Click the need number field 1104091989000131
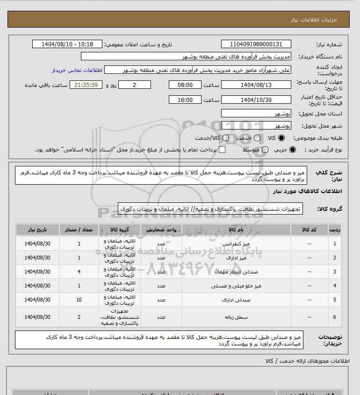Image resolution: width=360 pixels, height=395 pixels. pyautogui.click(x=256, y=44)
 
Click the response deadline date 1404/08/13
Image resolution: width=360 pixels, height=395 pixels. pyautogui.click(x=256, y=85)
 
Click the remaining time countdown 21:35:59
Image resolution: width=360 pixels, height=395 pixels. pyautogui.click(x=85, y=85)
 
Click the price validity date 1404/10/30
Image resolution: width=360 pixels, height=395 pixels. pyautogui.click(x=256, y=100)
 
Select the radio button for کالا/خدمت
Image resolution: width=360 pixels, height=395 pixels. pyautogui.click(x=226, y=138)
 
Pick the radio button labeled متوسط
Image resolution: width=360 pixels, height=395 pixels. pyautogui.click(x=265, y=150)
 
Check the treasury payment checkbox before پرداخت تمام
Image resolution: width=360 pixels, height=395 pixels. pyautogui.click(x=222, y=150)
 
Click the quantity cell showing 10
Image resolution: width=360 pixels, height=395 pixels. pyautogui.click(x=79, y=300)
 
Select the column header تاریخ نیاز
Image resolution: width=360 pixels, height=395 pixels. pyautogui.click(x=38, y=230)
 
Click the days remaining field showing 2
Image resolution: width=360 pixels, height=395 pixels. pyautogui.click(x=135, y=85)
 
